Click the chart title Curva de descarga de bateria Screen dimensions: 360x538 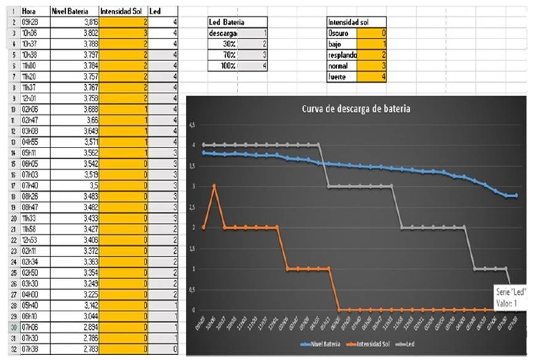pyautogui.click(x=356, y=109)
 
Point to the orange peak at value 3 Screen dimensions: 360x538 pyautogui.click(x=214, y=185)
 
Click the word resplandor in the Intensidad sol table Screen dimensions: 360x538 pyautogui.click(x=341, y=54)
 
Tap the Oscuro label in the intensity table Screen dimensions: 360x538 pyautogui.click(x=339, y=33)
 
